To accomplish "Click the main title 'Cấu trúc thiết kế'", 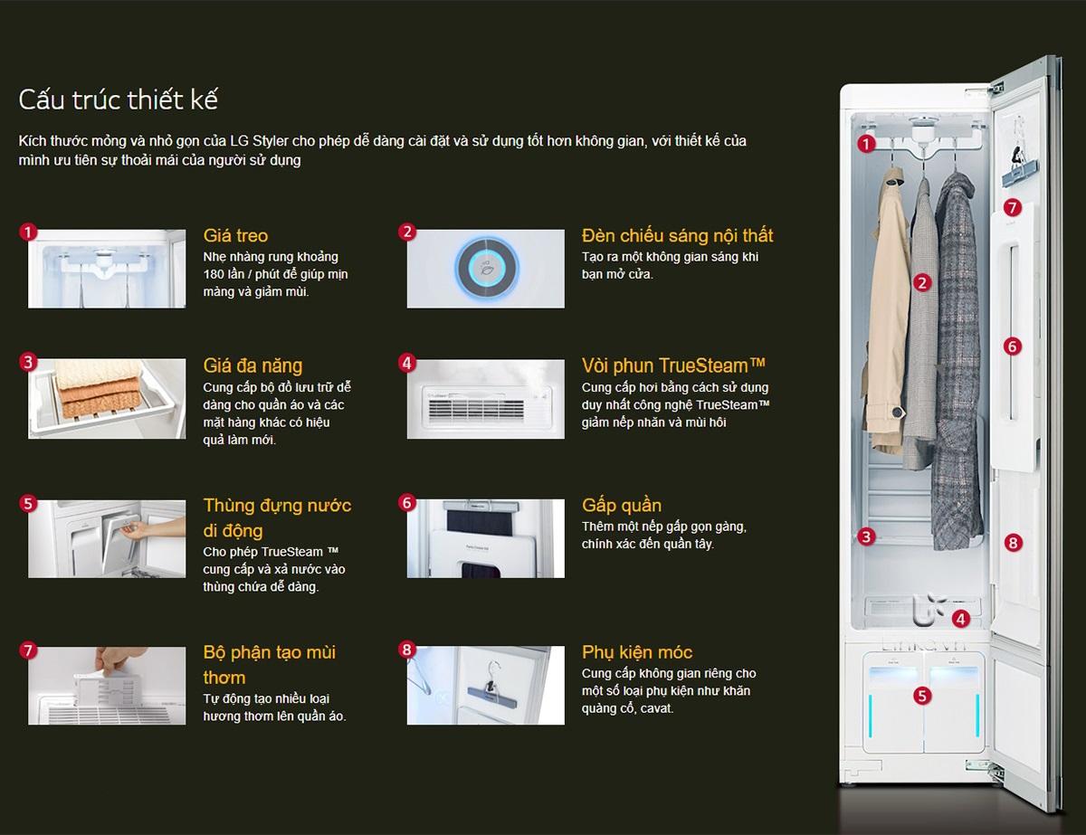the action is point(118,100).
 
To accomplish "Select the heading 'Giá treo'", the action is point(235,235).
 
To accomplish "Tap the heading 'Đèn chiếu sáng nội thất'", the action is point(677,235).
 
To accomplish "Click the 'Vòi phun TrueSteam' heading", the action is point(673,365).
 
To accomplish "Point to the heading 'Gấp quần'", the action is point(621,506).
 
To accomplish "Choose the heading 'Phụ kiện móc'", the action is point(637,652).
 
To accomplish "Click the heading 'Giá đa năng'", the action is point(252,365).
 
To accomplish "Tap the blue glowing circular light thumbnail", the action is point(486,269).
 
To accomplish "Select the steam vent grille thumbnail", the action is point(486,399).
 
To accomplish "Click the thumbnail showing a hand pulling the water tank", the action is point(107,539).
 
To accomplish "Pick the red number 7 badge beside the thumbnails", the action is point(28,650).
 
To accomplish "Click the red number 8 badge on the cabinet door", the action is point(1013,543).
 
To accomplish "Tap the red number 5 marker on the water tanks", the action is point(922,696).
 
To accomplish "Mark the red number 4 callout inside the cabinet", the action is point(960,620).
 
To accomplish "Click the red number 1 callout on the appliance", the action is point(866,145).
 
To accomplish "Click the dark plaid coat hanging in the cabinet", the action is point(957,359).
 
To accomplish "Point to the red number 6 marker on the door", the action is point(1012,346).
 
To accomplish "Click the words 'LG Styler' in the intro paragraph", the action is point(259,141).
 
